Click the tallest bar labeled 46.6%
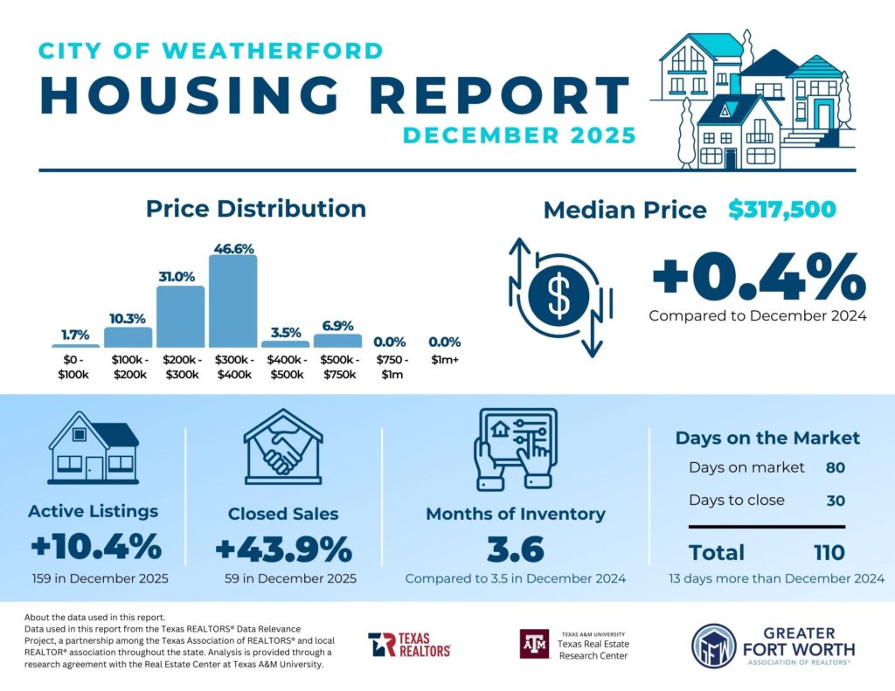[x=233, y=301]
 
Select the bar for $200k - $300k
[x=180, y=317]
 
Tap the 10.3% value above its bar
[x=128, y=319]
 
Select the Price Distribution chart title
[x=255, y=209]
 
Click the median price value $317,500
[x=782, y=210]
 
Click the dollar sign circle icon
[x=559, y=296]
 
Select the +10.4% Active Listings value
[x=95, y=548]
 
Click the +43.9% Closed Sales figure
[x=283, y=550]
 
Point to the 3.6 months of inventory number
[x=515, y=550]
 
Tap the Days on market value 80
[x=835, y=467]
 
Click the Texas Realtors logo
[x=409, y=646]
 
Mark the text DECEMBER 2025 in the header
[x=519, y=135]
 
